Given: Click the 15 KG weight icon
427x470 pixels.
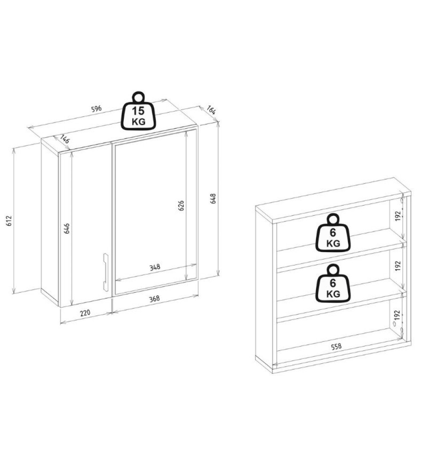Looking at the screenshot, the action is (138, 111).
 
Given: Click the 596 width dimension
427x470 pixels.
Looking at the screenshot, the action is (97, 108).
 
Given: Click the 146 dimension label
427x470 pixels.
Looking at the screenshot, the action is (65, 140).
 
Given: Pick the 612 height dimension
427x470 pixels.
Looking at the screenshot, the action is (9, 220).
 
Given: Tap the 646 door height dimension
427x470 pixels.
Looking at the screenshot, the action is (67, 228).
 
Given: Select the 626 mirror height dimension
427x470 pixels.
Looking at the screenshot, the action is (181, 206).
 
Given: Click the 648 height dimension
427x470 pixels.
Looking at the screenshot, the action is (213, 199).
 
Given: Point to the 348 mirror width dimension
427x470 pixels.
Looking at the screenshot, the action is (155, 267).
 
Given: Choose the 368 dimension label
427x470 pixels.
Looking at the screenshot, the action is (155, 299).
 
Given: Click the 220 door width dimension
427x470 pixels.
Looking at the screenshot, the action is (85, 313).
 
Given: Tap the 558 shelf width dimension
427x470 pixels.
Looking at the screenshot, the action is (336, 347).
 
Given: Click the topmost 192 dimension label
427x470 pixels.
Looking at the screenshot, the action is (398, 216).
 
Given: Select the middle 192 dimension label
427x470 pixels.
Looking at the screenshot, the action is (398, 266).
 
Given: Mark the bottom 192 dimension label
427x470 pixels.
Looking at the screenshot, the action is (398, 315).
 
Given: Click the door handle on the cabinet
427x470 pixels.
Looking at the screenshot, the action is (105, 272).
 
